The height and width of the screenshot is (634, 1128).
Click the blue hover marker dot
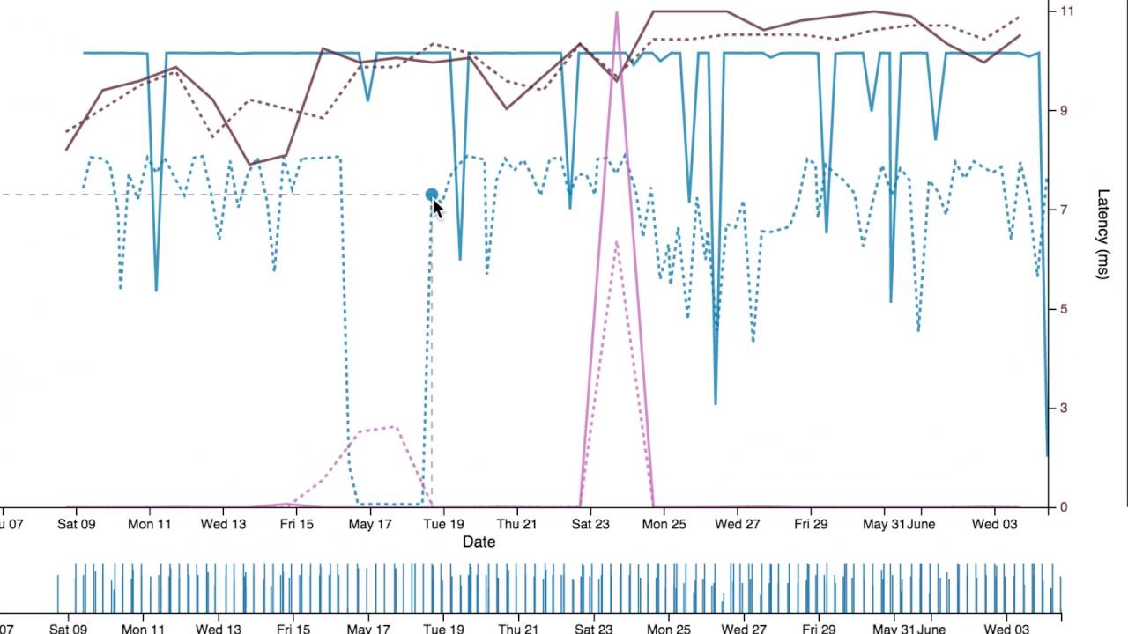click(431, 195)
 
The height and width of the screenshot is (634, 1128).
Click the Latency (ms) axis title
click(1102, 234)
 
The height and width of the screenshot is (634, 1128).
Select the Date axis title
click(479, 542)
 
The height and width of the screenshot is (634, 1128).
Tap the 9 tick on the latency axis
click(1063, 110)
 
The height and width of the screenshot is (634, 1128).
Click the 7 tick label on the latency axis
click(1063, 210)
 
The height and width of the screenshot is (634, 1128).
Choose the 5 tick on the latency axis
click(1063, 309)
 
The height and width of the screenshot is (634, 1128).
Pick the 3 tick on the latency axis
click(1063, 408)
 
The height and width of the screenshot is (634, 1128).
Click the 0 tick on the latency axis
click(1063, 507)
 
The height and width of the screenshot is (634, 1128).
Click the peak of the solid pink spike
click(617, 12)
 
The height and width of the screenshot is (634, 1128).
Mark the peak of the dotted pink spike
click(616, 241)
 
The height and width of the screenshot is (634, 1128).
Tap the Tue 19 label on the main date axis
click(443, 524)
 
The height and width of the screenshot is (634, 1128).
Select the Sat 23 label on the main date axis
click(590, 524)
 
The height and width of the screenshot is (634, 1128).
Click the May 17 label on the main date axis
click(369, 524)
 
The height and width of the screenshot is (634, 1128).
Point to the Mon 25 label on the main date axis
click(664, 524)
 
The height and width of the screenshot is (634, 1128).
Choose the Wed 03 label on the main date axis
click(995, 524)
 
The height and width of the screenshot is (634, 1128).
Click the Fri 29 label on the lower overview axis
click(815, 629)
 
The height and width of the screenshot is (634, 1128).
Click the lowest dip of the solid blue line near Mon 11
click(156, 290)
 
